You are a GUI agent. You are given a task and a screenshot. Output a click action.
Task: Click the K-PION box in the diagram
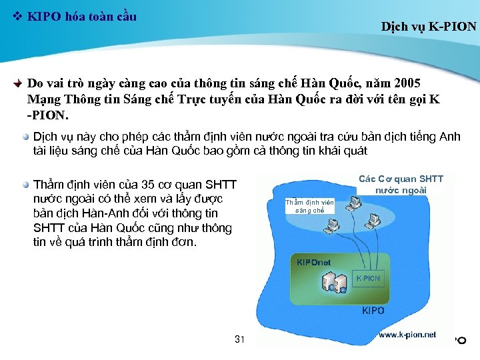point(368,278)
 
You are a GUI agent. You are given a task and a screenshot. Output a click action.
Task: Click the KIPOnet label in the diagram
point(313,262)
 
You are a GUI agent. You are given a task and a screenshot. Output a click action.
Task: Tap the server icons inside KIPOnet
point(333,283)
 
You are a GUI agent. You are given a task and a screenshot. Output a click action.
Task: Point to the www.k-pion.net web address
point(407,334)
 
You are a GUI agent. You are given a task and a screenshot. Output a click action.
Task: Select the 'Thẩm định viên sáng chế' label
point(309,205)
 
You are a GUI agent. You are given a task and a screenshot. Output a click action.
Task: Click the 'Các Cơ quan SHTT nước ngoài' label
point(400,184)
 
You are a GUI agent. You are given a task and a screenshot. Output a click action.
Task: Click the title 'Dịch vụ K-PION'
point(429,27)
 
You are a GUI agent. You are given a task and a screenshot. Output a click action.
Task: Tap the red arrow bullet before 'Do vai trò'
point(19,85)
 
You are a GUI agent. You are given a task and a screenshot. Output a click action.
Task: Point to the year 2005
point(407,84)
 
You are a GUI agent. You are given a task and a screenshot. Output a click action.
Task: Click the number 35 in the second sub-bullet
point(150,184)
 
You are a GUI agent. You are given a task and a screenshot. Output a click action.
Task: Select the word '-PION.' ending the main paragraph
point(48,115)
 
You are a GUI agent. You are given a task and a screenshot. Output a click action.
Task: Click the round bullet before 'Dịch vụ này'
point(25,137)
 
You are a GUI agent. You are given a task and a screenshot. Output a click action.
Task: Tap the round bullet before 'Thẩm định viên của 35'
point(25,184)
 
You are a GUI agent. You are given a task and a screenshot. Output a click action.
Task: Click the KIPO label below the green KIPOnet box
point(373,311)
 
